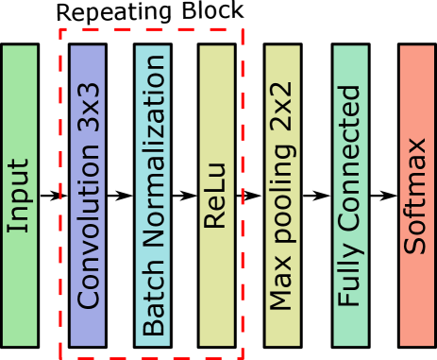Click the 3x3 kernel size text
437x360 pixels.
coord(89,113)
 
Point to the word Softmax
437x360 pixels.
coord(416,196)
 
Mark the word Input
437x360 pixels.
coord(19,196)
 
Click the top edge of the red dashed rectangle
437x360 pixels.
coord(151,28)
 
